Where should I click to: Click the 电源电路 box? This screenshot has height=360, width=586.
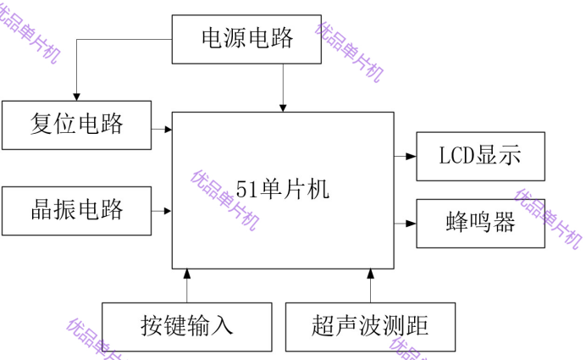pyautogui.click(x=246, y=39)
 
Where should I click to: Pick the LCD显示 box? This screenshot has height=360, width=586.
pyautogui.click(x=480, y=157)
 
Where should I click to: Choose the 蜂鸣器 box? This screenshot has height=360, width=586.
pyautogui.click(x=480, y=224)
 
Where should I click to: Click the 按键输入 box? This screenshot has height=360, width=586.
pyautogui.click(x=186, y=326)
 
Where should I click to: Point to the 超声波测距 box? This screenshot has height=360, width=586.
pyautogui.click(x=370, y=326)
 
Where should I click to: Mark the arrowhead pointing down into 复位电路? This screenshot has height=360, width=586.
pyautogui.click(x=77, y=94)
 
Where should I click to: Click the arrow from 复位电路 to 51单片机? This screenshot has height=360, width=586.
pyautogui.click(x=163, y=130)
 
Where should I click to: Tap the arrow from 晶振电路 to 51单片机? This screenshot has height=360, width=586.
pyautogui.click(x=163, y=210)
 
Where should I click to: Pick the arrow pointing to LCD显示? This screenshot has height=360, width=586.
pyautogui.click(x=406, y=157)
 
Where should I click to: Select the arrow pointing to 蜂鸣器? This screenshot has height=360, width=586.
pyautogui.click(x=406, y=224)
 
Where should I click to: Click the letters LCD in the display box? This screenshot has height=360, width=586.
pyautogui.click(x=458, y=157)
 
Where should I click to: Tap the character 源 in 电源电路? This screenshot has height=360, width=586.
pyautogui.click(x=235, y=39)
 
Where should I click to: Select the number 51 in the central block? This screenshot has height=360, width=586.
pyautogui.click(x=246, y=190)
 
